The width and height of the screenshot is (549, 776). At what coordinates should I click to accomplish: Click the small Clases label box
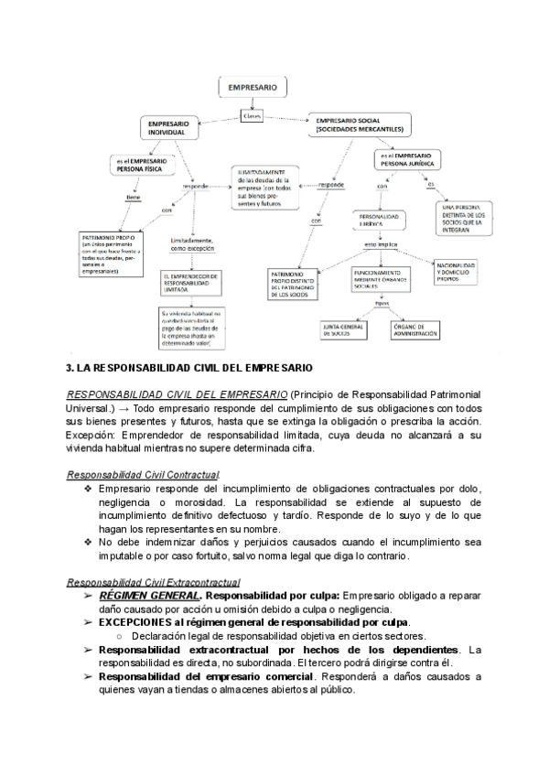[253, 115]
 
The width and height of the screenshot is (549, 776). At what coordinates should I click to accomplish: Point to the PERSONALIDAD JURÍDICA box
[378, 221]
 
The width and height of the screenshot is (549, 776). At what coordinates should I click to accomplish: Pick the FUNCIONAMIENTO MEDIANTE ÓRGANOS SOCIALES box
[378, 280]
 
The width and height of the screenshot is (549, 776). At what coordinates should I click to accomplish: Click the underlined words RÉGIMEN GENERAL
[136, 596]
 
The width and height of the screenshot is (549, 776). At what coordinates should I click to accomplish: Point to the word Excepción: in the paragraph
[94, 434]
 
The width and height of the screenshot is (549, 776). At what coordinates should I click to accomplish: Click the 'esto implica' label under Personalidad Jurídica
[379, 245]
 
